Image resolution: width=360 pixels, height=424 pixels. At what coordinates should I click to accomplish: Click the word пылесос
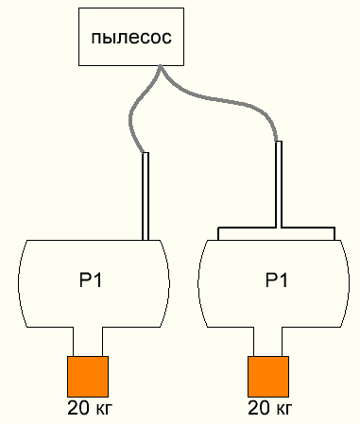[131, 37]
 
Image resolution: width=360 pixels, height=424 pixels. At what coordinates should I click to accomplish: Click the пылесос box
[131, 37]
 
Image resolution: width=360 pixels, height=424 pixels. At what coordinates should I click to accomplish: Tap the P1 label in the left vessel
[91, 280]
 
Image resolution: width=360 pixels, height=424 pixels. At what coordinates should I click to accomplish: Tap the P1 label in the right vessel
[277, 280]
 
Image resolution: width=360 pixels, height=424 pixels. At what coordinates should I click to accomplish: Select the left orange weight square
[88, 377]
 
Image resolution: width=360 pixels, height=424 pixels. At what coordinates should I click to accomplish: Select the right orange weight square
[268, 377]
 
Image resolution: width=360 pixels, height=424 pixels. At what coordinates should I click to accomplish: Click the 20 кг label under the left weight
[90, 408]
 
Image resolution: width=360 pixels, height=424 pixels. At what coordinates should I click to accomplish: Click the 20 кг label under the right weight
[270, 408]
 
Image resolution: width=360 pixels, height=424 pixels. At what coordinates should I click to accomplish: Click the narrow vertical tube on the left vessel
[146, 196]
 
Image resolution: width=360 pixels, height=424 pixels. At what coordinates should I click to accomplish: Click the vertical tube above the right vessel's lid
[279, 184]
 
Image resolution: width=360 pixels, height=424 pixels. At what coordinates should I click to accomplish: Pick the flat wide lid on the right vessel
[276, 233]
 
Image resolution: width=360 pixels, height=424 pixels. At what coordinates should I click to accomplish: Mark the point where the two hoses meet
[161, 66]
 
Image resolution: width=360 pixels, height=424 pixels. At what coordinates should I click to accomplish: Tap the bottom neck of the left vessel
[88, 342]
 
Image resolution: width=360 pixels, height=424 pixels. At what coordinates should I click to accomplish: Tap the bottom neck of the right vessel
[267, 342]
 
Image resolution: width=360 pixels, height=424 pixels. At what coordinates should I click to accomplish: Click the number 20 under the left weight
[78, 408]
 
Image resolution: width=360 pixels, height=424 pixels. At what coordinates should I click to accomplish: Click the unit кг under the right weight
[284, 410]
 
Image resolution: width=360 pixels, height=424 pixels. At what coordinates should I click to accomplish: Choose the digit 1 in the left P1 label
[98, 280]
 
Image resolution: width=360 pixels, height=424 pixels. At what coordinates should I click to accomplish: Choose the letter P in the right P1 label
[271, 280]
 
